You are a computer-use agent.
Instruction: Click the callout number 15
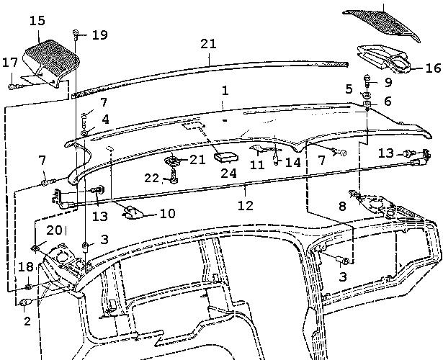(x=37, y=21)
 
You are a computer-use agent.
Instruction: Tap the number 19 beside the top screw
(x=99, y=35)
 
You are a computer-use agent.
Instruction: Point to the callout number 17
(x=9, y=63)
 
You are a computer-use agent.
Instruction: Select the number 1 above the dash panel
(x=225, y=91)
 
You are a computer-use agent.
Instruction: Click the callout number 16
(x=432, y=69)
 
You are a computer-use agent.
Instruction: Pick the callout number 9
(x=388, y=82)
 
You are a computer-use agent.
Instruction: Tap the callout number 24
(x=228, y=174)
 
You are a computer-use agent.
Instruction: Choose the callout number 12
(x=246, y=205)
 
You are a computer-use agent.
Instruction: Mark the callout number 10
(x=167, y=213)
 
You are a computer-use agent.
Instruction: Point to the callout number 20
(x=54, y=230)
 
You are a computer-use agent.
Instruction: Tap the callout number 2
(x=27, y=321)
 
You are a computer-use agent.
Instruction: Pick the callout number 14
(x=292, y=163)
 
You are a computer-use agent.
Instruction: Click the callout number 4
(x=105, y=119)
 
